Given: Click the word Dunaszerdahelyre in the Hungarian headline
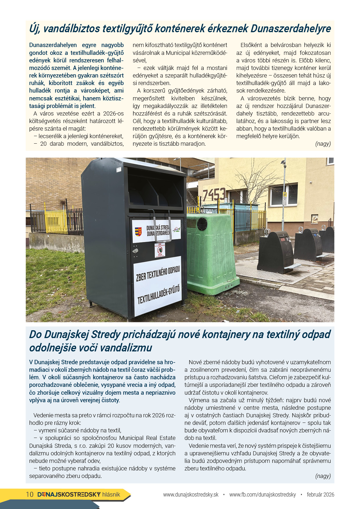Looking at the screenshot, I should pos(291,29).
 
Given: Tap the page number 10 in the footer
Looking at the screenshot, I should pos(30,494).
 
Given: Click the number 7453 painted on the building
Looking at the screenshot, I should pos(214,194).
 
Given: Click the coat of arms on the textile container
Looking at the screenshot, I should pos(138,232).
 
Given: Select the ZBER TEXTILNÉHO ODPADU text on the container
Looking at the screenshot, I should pos(158,273).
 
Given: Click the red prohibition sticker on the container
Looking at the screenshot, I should pos(160,250).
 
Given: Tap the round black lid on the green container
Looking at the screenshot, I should pos(202,224).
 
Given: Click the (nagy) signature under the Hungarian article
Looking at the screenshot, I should pos(323,144).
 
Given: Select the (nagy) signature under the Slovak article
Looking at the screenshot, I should pos(323,476).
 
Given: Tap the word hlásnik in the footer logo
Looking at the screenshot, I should pos(111,494).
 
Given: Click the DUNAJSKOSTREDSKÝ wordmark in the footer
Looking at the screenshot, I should pos(69,494).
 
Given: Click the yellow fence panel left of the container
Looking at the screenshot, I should pos(56,222).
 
